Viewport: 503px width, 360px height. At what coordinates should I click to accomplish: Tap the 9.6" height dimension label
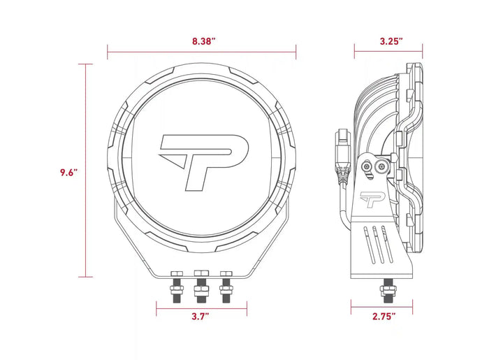tap(68, 171)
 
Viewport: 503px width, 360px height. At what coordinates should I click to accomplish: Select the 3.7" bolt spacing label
tap(200, 316)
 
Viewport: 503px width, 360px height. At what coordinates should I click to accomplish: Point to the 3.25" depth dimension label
tap(391, 41)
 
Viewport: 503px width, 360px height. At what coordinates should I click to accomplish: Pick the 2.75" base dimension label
tap(383, 316)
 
